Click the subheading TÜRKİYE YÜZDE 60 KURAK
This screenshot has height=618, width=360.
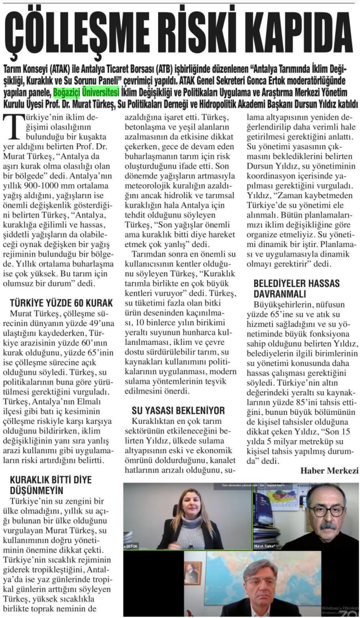[x=62, y=302]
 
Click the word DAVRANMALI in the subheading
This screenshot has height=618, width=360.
[x=280, y=294]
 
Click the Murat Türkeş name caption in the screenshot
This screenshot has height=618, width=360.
[x=267, y=545]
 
